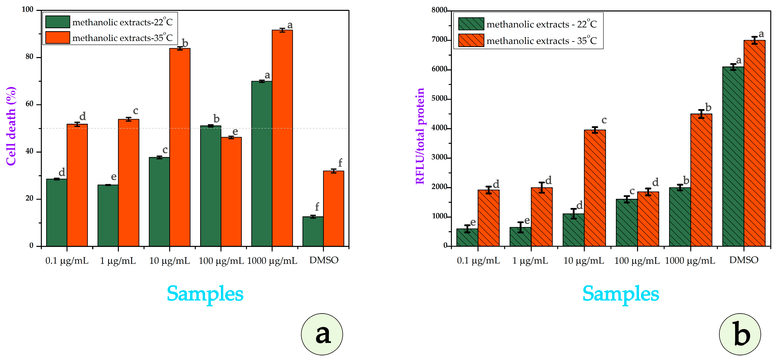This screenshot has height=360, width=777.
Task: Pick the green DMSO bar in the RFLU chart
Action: tap(733, 157)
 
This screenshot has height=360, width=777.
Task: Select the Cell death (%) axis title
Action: tap(11, 126)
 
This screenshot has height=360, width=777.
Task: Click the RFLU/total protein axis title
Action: tap(420, 136)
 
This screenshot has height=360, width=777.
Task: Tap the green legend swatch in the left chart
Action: tap(58, 22)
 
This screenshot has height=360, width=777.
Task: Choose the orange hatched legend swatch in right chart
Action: tap(471, 40)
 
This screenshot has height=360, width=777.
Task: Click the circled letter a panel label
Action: tap(322, 334)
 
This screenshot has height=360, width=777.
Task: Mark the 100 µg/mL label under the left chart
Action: tap(221, 260)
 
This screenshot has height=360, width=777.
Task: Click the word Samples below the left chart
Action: tap(205, 294)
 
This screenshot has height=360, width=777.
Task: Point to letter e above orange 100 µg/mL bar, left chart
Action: tap(235, 131)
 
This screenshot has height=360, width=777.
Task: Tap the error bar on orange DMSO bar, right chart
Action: tap(754, 40)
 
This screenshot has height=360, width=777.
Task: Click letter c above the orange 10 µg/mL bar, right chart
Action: tap(604, 120)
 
